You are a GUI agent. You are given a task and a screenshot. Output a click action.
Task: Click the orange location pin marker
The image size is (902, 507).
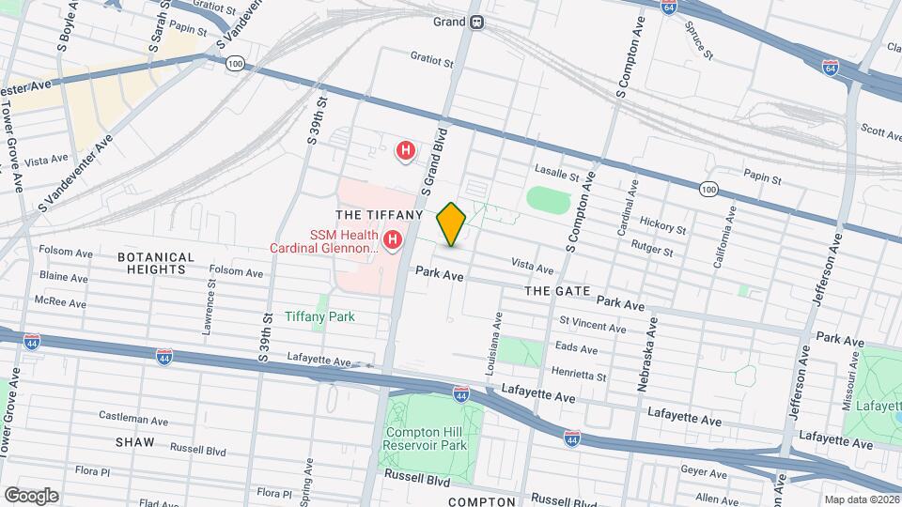pos(452,224)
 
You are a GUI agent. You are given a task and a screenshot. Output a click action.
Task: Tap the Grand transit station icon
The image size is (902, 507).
pos(477,22)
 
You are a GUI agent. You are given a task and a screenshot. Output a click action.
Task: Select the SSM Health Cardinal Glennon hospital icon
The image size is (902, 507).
pos(392,242)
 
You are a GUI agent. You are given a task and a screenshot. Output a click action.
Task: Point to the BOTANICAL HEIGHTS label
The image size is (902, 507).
pos(156,263)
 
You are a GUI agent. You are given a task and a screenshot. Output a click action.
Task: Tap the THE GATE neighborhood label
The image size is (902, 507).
pos(556,291)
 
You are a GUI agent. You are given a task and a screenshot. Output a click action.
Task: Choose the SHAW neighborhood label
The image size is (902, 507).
pos(134,441)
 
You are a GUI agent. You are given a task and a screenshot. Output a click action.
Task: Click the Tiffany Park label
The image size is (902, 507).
pos(320,316)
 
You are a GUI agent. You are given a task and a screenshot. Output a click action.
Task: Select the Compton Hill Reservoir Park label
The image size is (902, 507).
pos(426,438)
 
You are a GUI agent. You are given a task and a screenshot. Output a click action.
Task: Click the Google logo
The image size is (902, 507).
pos(30,495)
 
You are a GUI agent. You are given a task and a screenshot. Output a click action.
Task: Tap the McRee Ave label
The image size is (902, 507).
pos(61,303)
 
